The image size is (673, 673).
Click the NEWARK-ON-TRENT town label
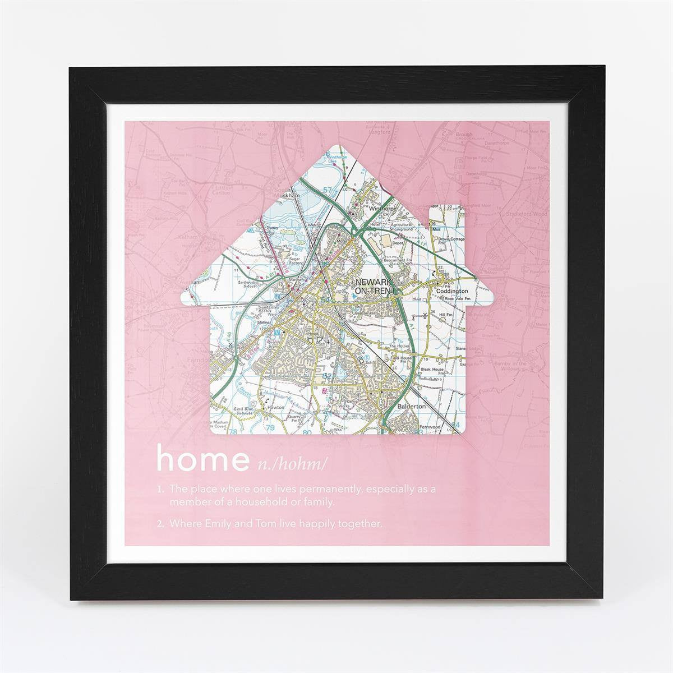[x=372, y=287]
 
